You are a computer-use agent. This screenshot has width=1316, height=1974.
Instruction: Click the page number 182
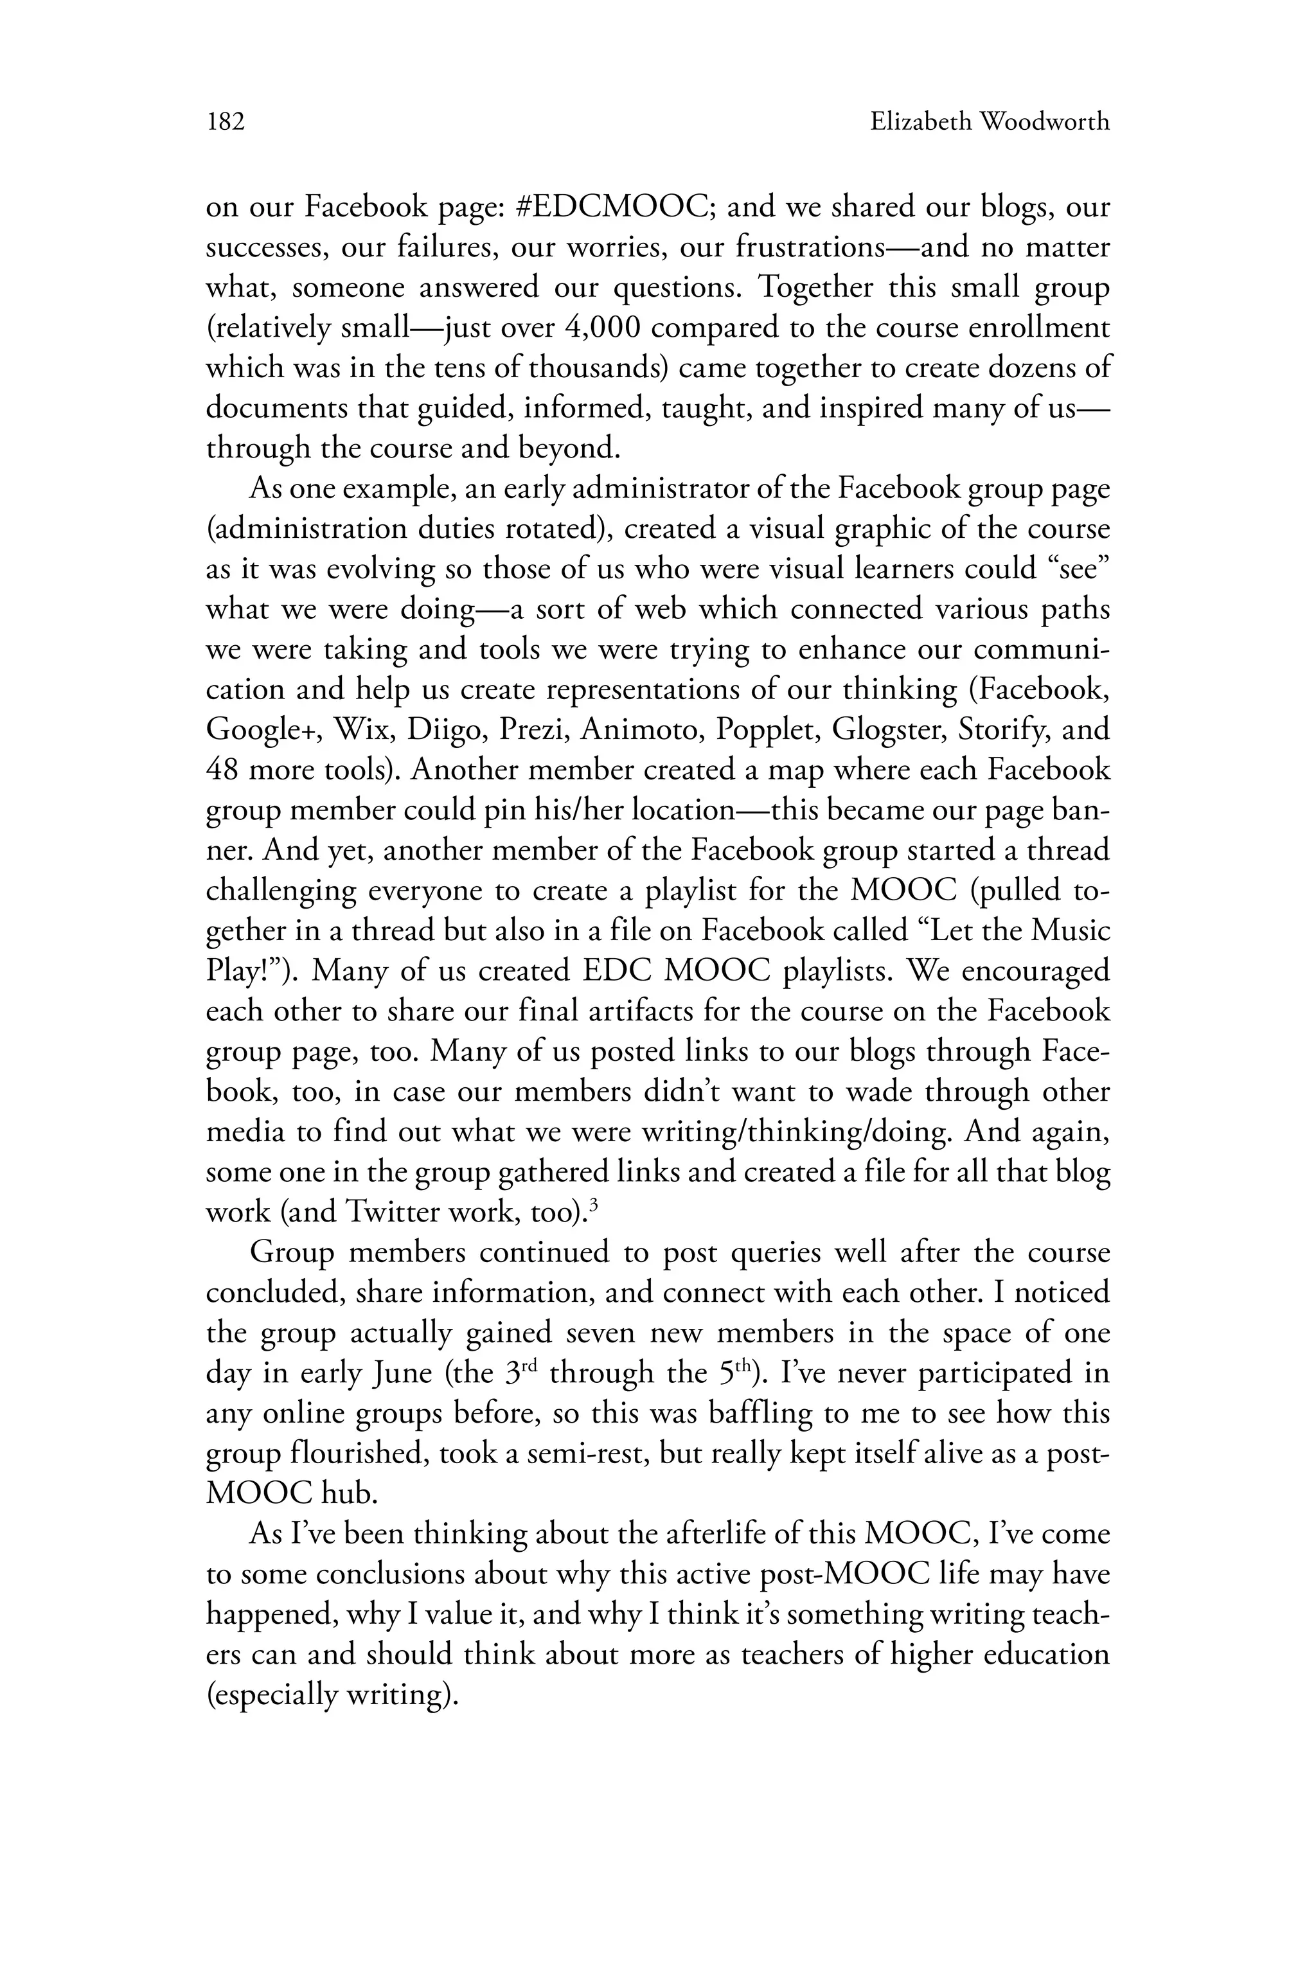click(x=225, y=123)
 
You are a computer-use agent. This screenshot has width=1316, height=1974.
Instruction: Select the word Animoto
click(x=641, y=729)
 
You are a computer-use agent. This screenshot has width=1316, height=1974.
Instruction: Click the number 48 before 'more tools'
click(x=223, y=770)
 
